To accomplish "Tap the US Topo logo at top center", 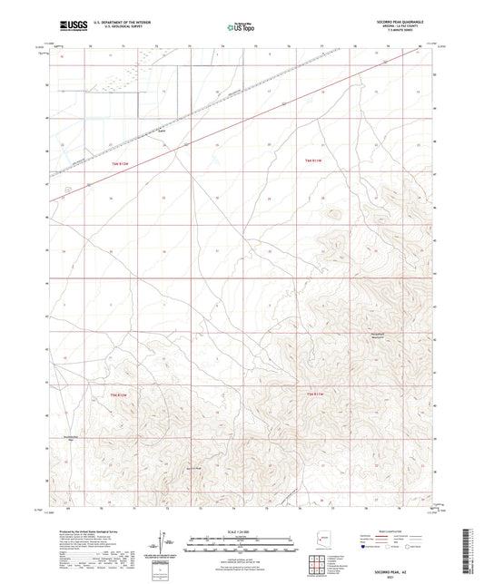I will [x=240, y=27].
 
